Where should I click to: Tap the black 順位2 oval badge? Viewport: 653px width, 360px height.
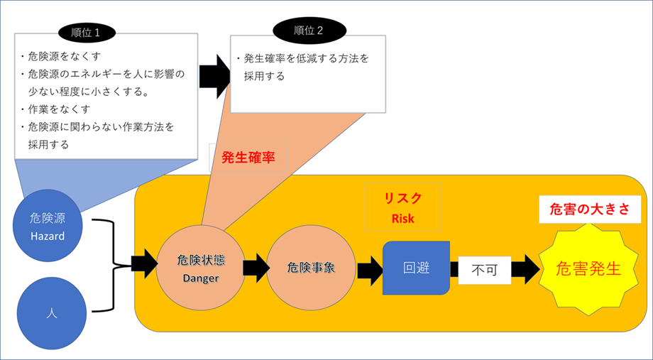[309, 30]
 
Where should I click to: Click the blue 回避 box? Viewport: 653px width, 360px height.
[416, 268]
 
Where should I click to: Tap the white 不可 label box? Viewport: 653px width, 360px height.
[483, 270]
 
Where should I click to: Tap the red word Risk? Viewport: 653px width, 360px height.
[402, 219]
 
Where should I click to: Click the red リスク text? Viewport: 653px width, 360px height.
[402, 199]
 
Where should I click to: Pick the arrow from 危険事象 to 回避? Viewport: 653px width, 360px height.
[369, 270]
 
